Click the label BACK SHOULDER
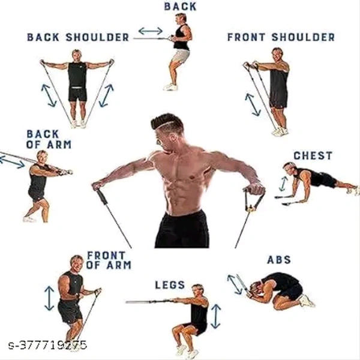78,37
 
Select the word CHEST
312,156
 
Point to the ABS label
279,260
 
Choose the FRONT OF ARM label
109,260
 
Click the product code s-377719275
48,345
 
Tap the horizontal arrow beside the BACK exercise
150,31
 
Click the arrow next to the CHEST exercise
283,184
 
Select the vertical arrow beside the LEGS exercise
215,316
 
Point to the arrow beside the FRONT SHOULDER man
253,103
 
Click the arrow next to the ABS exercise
235,284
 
